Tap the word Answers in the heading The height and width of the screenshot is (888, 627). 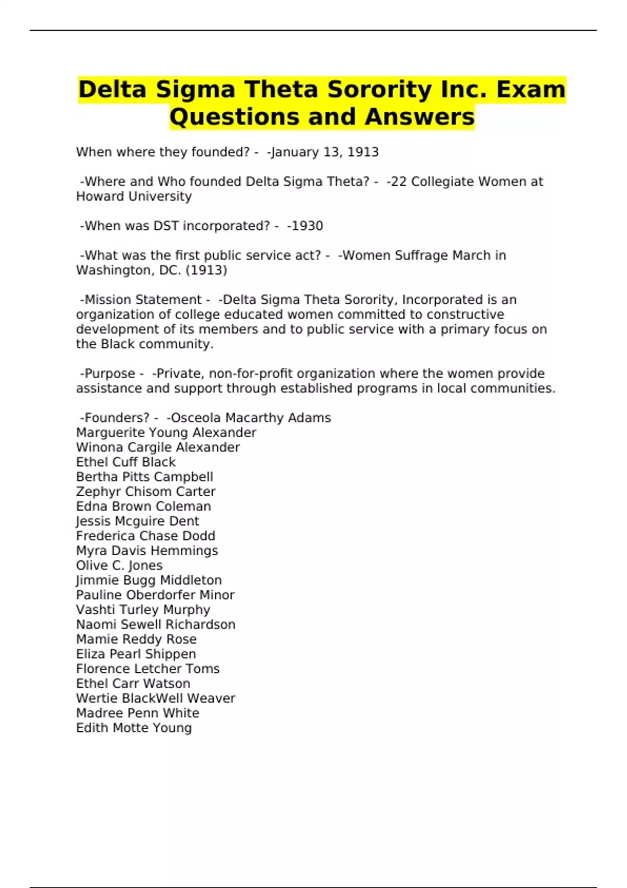(420, 116)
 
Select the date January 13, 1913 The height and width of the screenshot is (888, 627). (324, 152)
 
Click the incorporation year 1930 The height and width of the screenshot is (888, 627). (307, 226)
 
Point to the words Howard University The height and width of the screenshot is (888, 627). (134, 196)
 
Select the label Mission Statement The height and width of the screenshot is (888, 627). (143, 300)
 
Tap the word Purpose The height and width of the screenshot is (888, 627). (110, 373)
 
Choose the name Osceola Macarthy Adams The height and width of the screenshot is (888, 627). (251, 418)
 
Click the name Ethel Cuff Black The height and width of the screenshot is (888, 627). (125, 462)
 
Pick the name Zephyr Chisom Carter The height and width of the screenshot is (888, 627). (145, 492)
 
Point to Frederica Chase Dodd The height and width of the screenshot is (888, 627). (145, 536)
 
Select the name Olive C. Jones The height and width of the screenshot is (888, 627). (119, 565)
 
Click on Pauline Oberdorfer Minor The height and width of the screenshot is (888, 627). (155, 595)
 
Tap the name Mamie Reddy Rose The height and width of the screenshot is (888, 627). (136, 639)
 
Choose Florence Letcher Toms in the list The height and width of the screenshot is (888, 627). (147, 669)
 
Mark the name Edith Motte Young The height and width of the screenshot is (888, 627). (134, 728)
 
